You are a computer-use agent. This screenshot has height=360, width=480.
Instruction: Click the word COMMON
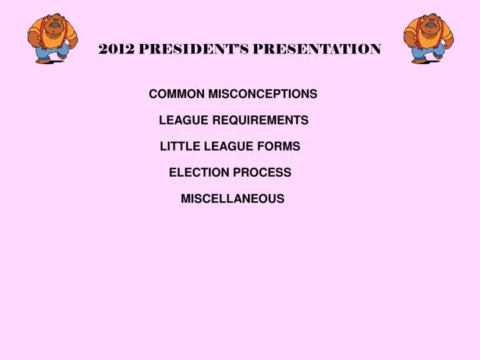[177, 94]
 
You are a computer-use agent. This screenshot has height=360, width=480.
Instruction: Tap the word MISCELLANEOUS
[233, 198]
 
